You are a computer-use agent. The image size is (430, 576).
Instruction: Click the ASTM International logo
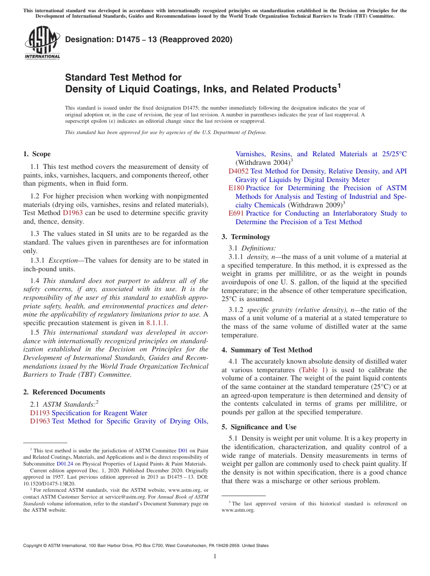coord(42,43)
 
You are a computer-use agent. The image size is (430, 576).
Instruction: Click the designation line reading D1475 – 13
coord(148,39)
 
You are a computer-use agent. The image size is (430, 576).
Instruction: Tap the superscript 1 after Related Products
coord(339,85)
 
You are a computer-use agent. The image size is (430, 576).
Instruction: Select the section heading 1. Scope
coord(37,154)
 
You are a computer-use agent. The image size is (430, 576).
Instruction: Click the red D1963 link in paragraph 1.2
coord(72,213)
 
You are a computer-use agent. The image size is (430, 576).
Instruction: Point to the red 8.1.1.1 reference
coord(157,323)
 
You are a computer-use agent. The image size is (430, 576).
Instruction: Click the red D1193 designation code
coord(40,413)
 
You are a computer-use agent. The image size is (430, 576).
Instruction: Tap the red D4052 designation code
coord(238,171)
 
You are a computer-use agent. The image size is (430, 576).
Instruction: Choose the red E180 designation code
coord(236,188)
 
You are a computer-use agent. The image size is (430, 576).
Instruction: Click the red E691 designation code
coord(236,213)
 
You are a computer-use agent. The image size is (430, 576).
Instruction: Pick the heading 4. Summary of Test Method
coord(267,350)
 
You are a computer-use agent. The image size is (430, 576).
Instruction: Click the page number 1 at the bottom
coord(215,557)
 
